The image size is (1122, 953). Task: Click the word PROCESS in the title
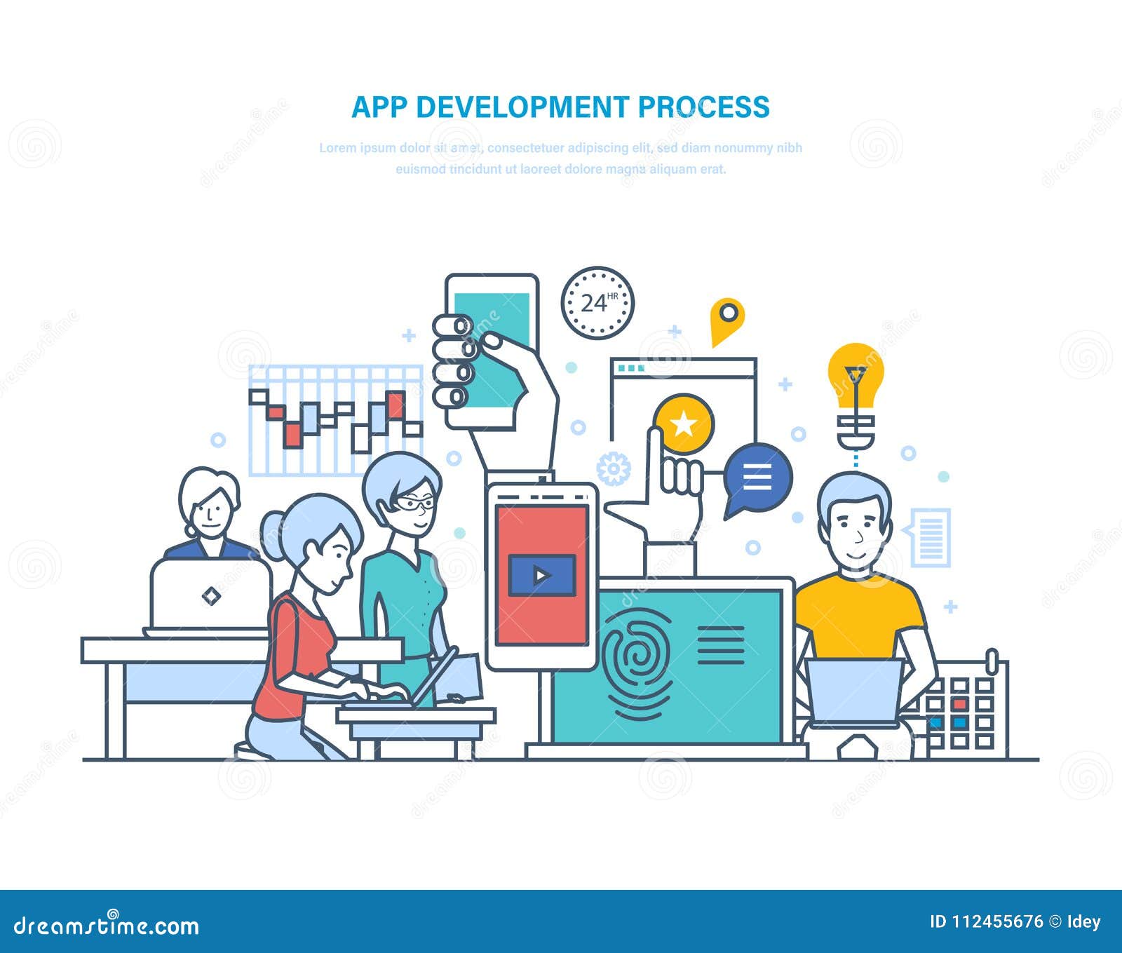pyautogui.click(x=703, y=107)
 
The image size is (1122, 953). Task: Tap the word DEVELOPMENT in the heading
pyautogui.click(x=522, y=107)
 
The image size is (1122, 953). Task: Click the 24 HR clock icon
pyautogui.click(x=597, y=303)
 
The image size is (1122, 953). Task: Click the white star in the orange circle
pyautogui.click(x=683, y=424)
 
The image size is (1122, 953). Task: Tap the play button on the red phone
pyautogui.click(x=541, y=576)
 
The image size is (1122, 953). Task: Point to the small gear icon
pyautogui.click(x=614, y=468)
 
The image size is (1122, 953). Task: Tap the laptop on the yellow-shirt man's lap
pyautogui.click(x=854, y=691)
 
